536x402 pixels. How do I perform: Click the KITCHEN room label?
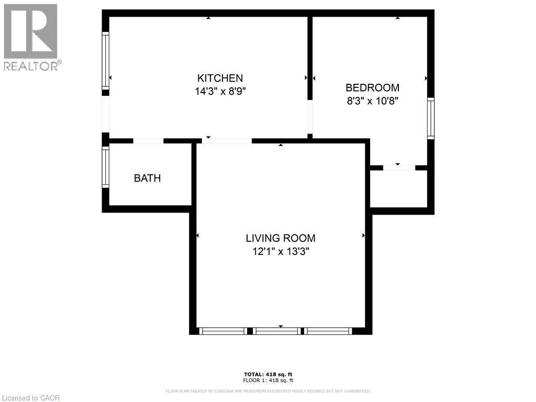(x=220, y=78)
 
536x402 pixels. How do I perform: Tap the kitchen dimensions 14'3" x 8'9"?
(x=220, y=91)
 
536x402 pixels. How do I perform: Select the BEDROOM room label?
(x=372, y=88)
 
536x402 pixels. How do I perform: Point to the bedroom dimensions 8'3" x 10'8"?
(x=372, y=101)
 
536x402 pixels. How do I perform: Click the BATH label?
(x=147, y=178)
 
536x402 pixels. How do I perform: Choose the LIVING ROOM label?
(x=281, y=238)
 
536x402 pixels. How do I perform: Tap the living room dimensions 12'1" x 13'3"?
(x=281, y=251)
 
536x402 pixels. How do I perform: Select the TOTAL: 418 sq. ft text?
(x=268, y=374)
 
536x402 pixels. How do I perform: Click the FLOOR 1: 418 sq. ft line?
(x=268, y=381)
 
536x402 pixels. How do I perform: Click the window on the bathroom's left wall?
(x=105, y=167)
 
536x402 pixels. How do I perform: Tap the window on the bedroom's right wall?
(x=430, y=118)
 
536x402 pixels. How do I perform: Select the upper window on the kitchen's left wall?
(x=105, y=61)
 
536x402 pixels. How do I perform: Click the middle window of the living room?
(x=277, y=331)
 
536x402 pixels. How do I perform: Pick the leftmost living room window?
(x=224, y=331)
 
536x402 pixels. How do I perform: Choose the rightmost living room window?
(x=329, y=331)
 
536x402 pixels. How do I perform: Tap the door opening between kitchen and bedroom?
(x=310, y=117)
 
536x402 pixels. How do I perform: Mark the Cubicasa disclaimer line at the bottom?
(x=268, y=391)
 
